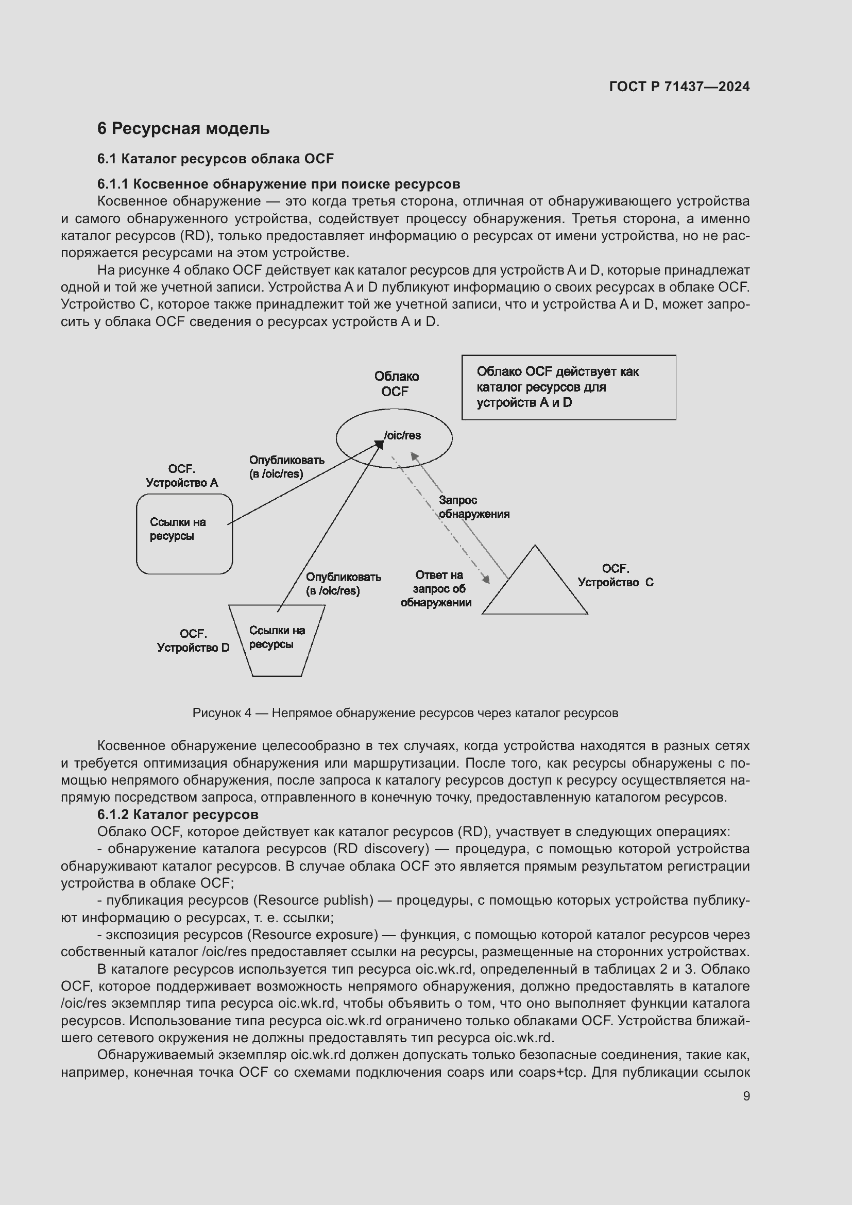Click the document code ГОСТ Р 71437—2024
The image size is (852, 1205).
679,87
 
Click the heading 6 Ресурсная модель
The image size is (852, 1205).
183,129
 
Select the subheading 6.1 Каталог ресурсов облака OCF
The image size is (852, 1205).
215,159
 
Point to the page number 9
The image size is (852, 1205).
746,1096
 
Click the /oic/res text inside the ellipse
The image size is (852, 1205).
402,436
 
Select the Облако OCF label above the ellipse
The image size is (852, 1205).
396,384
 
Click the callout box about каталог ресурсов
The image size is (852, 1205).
568,387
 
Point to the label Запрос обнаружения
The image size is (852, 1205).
473,507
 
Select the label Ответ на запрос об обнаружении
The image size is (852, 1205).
436,589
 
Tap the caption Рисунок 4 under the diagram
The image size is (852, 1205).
405,712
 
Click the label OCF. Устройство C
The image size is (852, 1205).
616,576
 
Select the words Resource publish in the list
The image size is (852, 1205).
313,900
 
